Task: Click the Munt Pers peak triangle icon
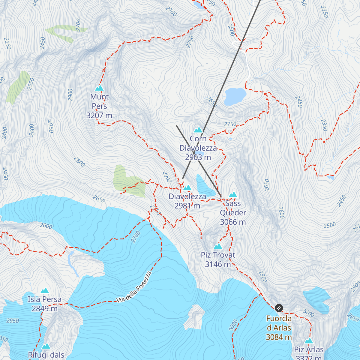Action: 99,88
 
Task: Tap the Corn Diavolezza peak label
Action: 198,143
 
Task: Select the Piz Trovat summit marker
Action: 218,246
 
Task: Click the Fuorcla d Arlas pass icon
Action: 279,308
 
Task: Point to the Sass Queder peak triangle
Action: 233,195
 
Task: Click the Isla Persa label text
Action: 45,299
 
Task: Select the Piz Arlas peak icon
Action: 309,341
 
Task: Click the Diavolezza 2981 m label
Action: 187,201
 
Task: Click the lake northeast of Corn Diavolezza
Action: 235,96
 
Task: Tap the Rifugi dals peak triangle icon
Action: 46,346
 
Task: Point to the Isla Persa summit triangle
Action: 45,290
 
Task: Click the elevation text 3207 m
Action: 99,115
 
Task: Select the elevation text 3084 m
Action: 279,337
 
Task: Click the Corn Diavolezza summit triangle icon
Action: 198,130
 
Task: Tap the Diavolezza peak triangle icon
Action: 187,188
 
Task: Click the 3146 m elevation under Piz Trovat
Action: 218,264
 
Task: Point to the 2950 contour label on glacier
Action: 13,321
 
